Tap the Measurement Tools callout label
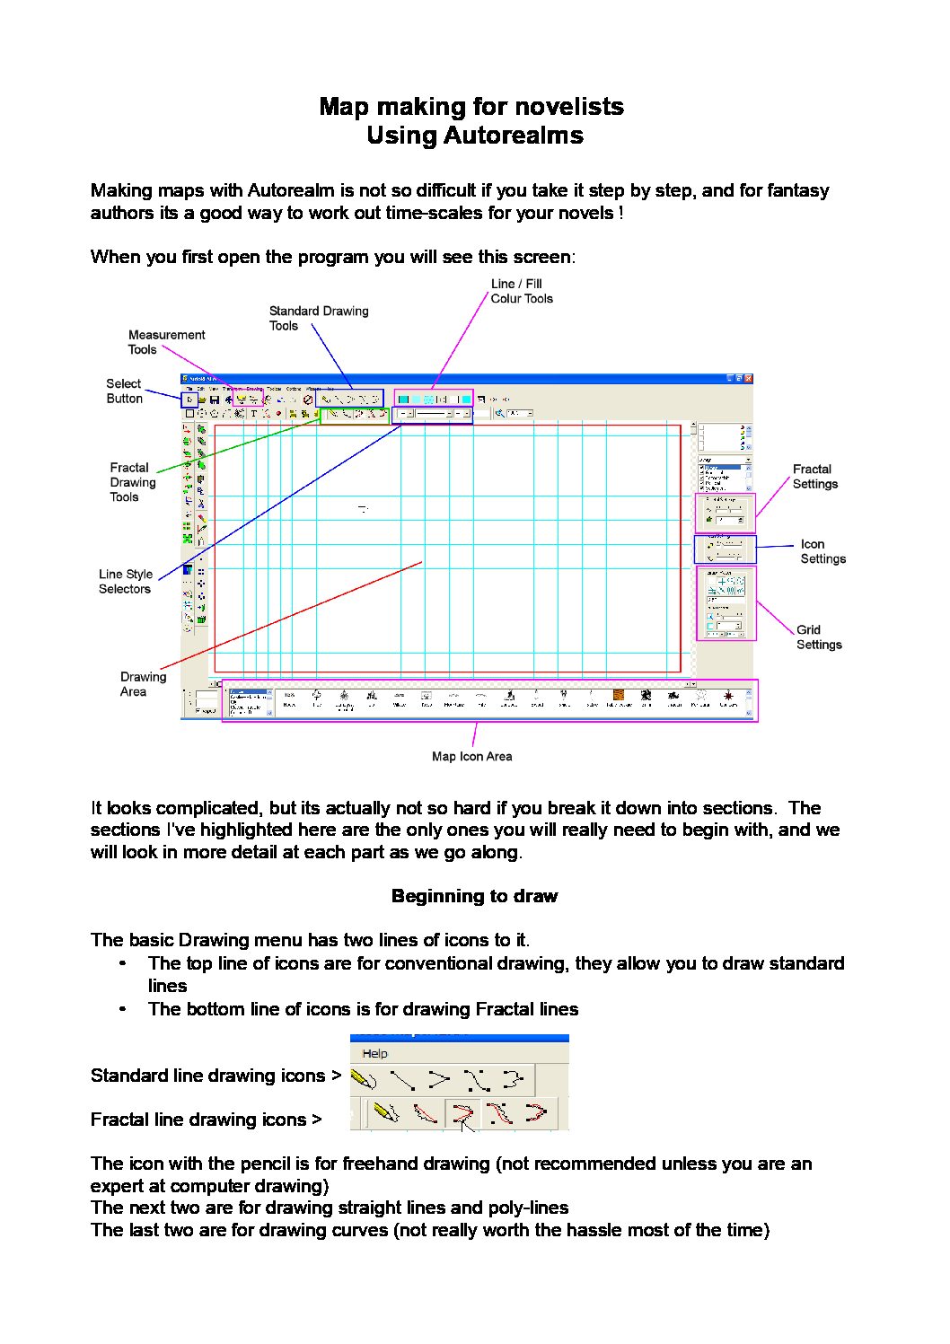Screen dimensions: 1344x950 [166, 342]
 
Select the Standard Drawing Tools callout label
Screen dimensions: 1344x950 [318, 318]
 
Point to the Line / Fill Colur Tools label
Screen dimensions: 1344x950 [521, 291]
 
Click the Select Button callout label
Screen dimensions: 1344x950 [124, 391]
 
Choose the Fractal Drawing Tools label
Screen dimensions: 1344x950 [132, 482]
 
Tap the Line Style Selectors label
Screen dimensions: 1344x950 [125, 582]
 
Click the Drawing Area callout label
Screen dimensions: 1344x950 [143, 684]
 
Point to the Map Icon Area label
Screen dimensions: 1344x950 [471, 756]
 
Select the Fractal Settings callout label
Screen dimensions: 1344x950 [814, 477]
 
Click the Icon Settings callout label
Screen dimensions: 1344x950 [822, 551]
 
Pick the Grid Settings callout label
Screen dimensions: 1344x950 [818, 637]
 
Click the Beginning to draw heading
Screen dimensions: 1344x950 [474, 896]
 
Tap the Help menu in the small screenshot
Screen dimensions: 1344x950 [374, 1053]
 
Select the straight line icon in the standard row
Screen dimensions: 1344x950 [401, 1078]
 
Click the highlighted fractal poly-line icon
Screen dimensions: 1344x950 [462, 1114]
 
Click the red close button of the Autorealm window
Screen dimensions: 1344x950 [748, 379]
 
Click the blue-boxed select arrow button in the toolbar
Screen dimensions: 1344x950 [189, 400]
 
